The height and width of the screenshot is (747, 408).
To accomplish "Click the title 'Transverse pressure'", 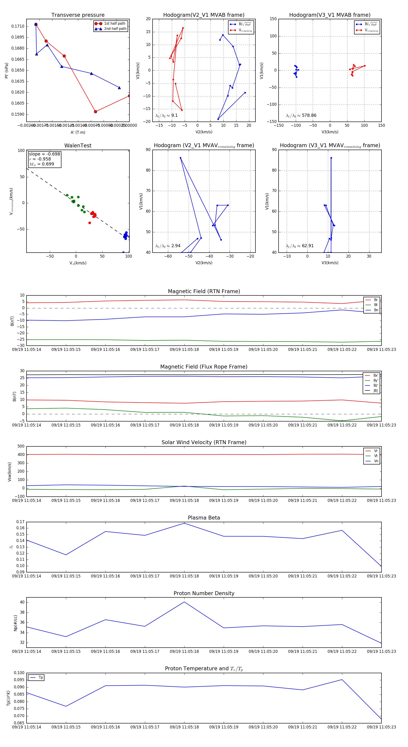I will [78, 15].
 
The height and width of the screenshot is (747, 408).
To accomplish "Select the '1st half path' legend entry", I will [114, 24].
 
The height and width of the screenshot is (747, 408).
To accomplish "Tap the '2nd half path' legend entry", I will [115, 29].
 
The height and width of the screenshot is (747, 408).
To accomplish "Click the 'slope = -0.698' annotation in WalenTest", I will [44, 154].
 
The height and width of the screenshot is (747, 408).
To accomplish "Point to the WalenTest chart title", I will [78, 146].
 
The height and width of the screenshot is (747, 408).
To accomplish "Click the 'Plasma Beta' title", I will [204, 518].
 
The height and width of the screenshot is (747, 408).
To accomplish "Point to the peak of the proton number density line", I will [184, 602].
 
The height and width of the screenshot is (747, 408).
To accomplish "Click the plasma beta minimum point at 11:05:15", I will [66, 555].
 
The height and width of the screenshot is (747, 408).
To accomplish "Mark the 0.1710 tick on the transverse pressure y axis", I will [18, 26].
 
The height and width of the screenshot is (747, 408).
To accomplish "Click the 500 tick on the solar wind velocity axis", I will [21, 446].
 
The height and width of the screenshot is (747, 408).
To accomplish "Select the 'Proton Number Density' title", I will [204, 593].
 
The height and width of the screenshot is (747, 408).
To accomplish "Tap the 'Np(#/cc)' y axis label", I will [15, 623].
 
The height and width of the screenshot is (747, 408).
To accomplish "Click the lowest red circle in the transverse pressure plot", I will [95, 112].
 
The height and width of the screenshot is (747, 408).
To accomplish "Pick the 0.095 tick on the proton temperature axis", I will [19, 680].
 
